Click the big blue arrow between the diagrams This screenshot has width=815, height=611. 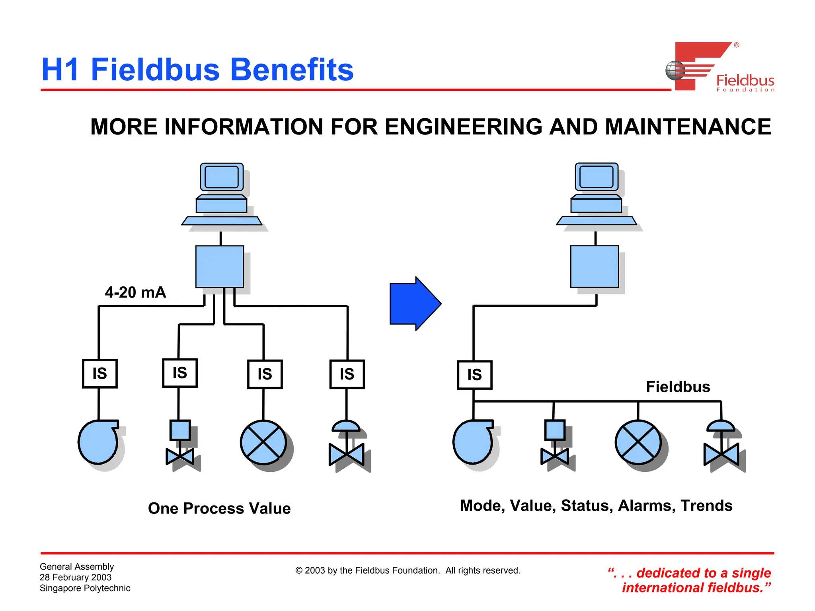pos(414,304)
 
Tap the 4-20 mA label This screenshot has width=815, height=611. pos(135,292)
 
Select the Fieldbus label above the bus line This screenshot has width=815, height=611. pos(678,387)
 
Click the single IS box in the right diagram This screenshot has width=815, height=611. pos(474,375)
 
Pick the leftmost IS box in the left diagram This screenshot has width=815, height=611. pos(99,374)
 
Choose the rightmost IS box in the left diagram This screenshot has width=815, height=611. pos(347,374)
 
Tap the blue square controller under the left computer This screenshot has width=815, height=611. pos(220,267)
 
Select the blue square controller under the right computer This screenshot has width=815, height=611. pos(595,267)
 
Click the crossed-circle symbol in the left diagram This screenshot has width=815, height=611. pos(263,442)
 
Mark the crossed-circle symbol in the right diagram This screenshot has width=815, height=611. pos(638,442)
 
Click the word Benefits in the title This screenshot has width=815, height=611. pos(292,70)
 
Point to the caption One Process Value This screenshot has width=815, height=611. pos(219,508)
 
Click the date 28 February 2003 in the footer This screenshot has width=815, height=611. pos(76,577)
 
